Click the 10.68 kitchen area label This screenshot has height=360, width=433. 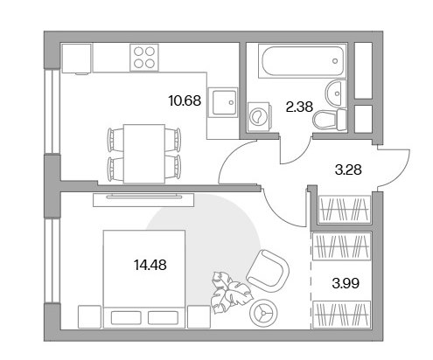pyautogui.click(x=185, y=100)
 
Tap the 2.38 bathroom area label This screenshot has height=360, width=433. pyautogui.click(x=299, y=107)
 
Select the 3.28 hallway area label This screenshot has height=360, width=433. pyautogui.click(x=348, y=170)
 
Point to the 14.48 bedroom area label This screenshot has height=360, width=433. pyautogui.click(x=150, y=265)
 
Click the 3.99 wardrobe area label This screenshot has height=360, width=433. pyautogui.click(x=346, y=283)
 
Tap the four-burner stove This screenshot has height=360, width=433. pyautogui.click(x=144, y=58)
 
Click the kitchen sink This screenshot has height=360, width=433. pyautogui.click(x=224, y=102)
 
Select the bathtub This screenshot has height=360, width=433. pyautogui.click(x=302, y=61)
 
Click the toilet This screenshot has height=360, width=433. pyautogui.click(x=329, y=120)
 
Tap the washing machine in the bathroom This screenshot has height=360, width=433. pyautogui.click(x=259, y=116)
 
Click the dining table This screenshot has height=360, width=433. pyautogui.click(x=144, y=154)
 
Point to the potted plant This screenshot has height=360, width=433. pyautogui.click(x=231, y=292)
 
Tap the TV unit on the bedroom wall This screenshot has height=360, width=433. pyautogui.click(x=143, y=200)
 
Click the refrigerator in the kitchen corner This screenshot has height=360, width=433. pyautogui.click(x=76, y=59)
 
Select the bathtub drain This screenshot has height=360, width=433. pyautogui.click(x=335, y=61)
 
